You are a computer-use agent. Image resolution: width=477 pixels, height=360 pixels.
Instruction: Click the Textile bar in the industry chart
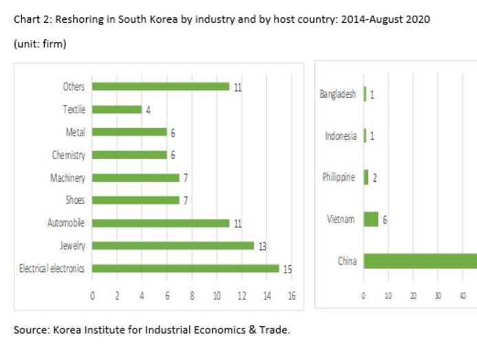[116, 109]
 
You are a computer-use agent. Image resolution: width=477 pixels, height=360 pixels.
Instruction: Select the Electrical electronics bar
[185, 268]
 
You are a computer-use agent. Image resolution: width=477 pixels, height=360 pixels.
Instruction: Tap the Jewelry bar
[173, 246]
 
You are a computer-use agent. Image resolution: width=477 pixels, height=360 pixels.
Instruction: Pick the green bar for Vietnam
[371, 219]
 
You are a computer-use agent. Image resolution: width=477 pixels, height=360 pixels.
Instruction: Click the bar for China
[420, 261]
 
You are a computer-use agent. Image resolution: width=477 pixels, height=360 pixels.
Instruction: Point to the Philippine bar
[366, 178]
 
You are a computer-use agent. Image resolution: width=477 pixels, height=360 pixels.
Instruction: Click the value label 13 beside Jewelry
[262, 246]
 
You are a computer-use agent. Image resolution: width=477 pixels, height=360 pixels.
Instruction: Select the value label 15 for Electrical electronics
[287, 269]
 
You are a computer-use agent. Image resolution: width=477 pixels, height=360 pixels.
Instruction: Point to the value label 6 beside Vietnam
[385, 220]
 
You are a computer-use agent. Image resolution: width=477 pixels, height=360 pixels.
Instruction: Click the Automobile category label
[66, 223]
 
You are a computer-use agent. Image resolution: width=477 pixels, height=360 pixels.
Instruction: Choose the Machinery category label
[67, 178]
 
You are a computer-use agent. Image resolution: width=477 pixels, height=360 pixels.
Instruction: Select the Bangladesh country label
[338, 94]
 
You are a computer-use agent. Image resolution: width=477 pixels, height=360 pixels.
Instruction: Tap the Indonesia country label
[341, 136]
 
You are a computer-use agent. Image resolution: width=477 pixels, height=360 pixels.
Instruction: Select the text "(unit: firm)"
[40, 44]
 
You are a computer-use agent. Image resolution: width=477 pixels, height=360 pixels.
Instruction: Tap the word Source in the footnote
[30, 330]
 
